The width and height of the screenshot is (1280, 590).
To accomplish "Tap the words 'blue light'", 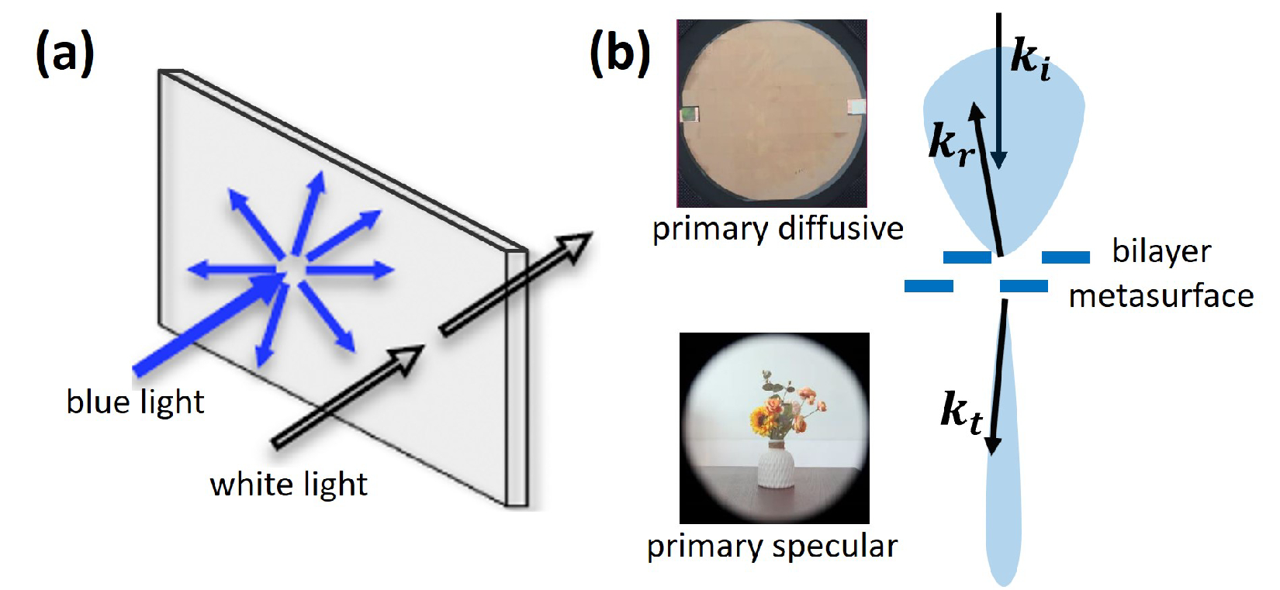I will (135, 402).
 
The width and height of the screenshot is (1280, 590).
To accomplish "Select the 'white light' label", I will (289, 485).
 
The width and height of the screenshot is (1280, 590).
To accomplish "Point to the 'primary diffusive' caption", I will (777, 229).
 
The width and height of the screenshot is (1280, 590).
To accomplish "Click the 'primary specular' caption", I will (773, 547).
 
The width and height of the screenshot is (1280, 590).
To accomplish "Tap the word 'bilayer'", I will (1161, 252).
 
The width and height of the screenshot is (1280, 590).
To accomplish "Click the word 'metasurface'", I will (1161, 296).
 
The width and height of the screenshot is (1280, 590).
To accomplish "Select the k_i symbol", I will (1031, 58).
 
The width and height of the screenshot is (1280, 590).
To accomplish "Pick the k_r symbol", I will (950, 145).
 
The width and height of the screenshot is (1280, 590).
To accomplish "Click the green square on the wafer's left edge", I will (689, 115).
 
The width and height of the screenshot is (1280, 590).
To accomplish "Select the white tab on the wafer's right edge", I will (856, 107).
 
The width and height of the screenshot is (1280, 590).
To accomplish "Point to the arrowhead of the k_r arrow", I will (977, 113).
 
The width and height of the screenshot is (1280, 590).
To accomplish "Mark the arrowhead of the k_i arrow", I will (999, 159).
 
